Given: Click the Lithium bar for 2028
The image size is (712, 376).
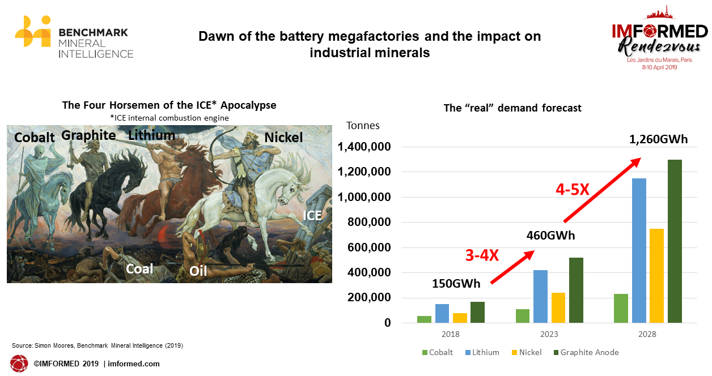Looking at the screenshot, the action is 639,250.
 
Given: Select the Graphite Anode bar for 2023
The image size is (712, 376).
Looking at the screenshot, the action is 576,290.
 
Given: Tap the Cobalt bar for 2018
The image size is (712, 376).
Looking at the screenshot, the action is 424,319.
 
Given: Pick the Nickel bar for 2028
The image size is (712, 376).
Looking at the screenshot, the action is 656,276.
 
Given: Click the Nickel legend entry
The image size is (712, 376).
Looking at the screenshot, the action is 527,352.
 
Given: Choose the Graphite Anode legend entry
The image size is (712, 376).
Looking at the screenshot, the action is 586,352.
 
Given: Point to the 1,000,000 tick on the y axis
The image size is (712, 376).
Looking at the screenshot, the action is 364,197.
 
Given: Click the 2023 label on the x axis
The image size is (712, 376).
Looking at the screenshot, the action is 549,334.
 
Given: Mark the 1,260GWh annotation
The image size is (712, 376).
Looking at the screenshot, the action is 658,139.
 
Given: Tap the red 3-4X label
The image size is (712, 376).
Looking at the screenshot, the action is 482,255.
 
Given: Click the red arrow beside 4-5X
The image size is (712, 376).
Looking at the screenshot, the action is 603,190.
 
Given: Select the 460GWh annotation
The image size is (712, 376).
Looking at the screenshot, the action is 550,236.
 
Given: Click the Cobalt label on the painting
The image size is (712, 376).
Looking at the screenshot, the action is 35,138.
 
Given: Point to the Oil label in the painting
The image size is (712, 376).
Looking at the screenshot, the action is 198,271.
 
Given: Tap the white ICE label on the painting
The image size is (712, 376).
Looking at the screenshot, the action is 312,216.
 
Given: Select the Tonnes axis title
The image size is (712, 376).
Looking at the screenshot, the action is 363,126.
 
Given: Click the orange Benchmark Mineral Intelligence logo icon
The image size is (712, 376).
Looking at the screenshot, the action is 33,32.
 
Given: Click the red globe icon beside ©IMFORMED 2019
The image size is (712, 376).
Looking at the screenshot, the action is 19,364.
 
